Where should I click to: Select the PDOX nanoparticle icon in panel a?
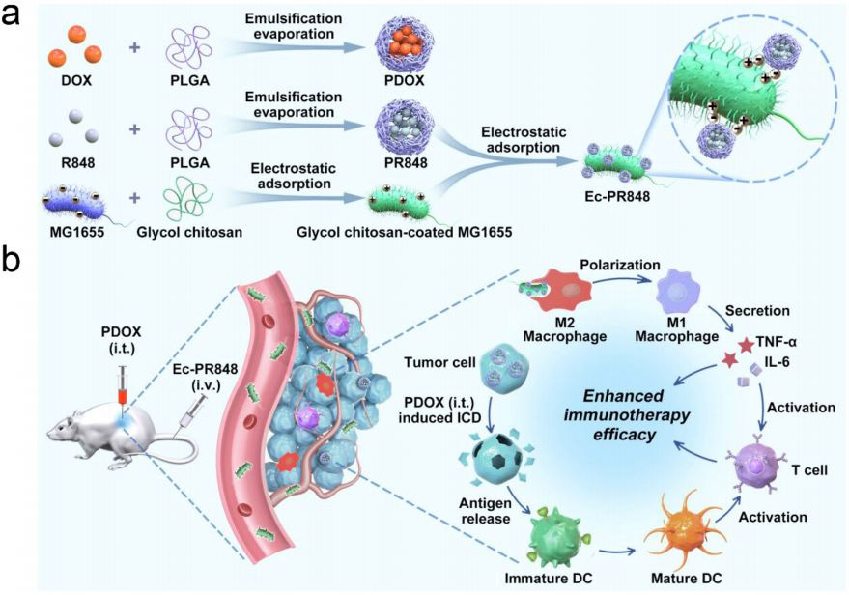pos(404,45)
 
